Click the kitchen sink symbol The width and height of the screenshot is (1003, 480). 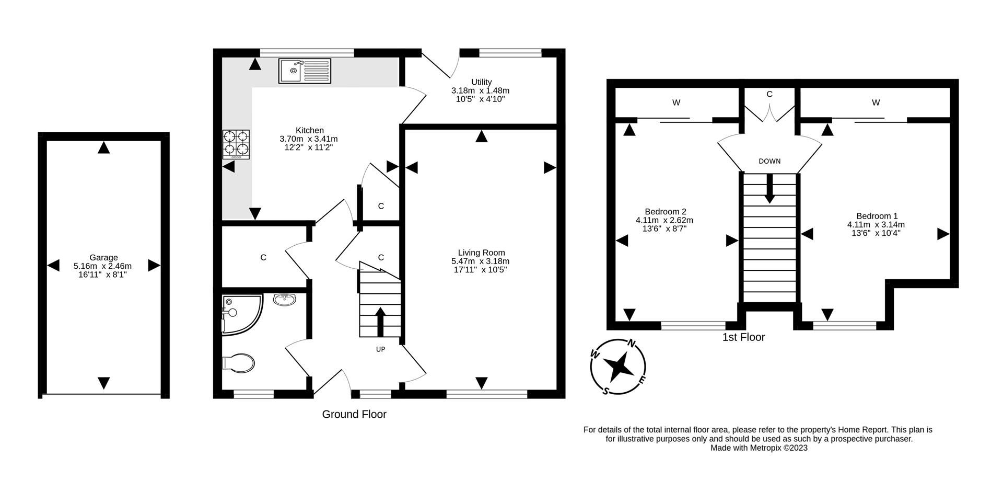[305, 71]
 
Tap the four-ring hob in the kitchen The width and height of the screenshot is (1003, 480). [236, 145]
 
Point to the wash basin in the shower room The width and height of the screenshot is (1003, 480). [284, 300]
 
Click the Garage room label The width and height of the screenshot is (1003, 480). [103, 257]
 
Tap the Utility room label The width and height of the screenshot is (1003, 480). [481, 82]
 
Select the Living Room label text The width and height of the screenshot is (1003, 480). [481, 253]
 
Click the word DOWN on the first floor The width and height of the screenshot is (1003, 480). [769, 161]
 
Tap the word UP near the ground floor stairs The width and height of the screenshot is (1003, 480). [380, 349]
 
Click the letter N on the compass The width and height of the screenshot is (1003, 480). [632, 344]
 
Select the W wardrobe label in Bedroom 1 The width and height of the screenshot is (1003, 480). [876, 102]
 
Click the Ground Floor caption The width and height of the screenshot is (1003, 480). [354, 415]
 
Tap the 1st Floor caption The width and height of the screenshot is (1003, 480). [743, 337]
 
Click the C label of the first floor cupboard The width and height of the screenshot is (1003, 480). [769, 94]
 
